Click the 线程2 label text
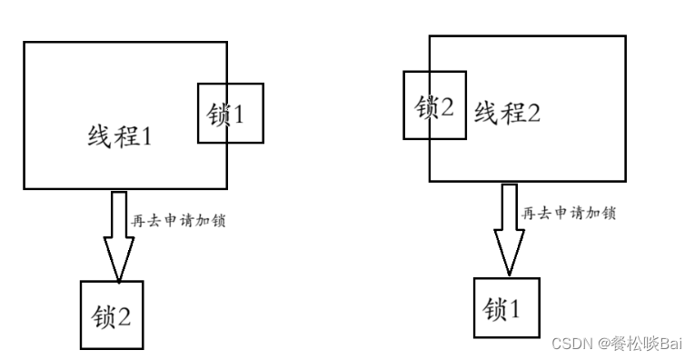tap(507, 114)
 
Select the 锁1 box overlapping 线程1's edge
tap(230, 113)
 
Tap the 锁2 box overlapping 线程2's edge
tap(434, 105)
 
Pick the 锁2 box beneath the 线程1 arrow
tap(112, 315)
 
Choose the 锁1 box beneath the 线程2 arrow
tap(508, 308)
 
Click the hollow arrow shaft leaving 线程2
tap(510, 205)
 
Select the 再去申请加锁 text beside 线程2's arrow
tap(570, 214)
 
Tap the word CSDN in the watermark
tap(571, 344)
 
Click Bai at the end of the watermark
tap(670, 344)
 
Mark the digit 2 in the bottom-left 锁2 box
tap(124, 315)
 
